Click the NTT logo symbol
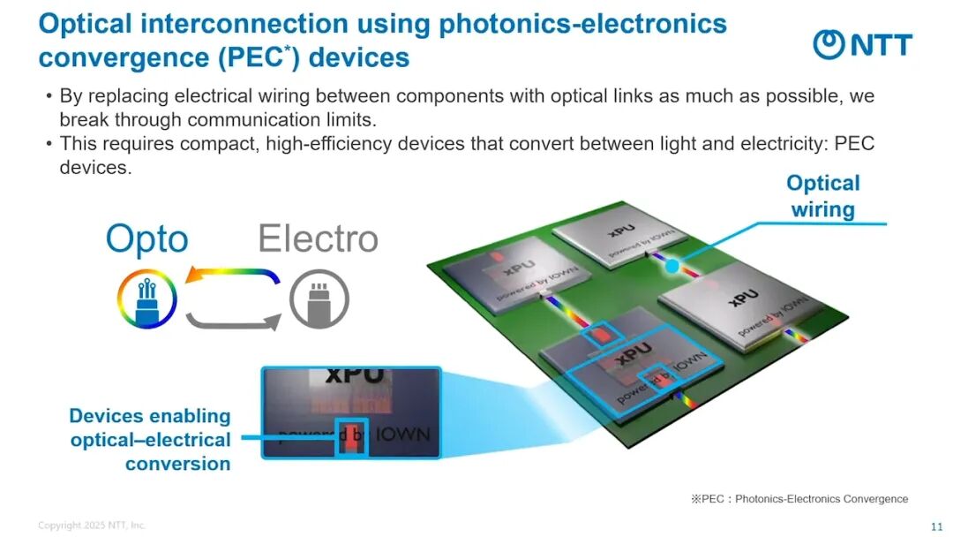(829, 45)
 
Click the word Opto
(146, 239)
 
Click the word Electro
(318, 238)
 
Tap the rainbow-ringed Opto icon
(146, 299)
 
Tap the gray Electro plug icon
(319, 299)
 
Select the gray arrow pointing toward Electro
(233, 321)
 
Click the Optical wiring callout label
(822, 196)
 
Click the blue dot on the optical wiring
(672, 265)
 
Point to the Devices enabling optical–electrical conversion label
(150, 440)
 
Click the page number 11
(936, 527)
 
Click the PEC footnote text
(799, 499)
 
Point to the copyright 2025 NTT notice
(92, 526)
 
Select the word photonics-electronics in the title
(582, 24)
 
